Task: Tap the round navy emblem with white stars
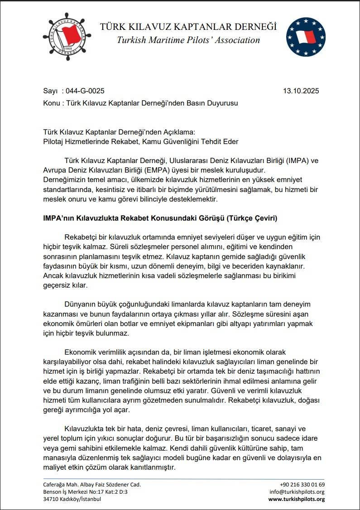[306, 37]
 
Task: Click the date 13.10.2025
[301, 91]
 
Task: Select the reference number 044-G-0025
[85, 91]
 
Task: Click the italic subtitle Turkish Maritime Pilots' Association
[188, 40]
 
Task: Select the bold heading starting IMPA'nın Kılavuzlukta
[160, 218]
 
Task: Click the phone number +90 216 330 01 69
[302, 484]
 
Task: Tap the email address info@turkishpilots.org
[297, 491]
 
